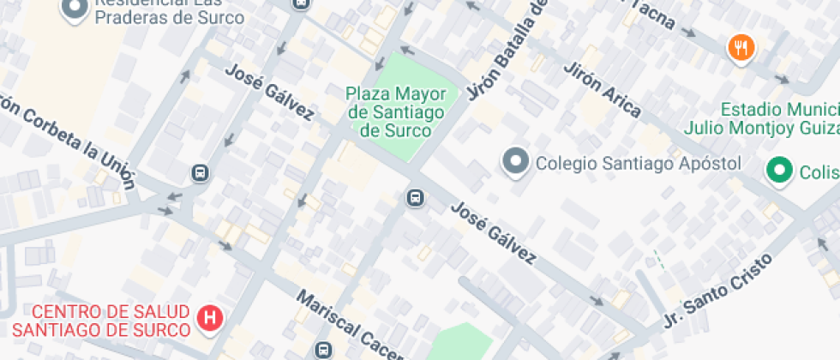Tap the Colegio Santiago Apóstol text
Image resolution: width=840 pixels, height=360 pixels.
pyautogui.click(x=637, y=162)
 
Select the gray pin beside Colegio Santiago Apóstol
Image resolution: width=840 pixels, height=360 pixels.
pyautogui.click(x=515, y=161)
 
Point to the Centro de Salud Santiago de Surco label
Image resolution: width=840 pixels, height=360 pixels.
pyautogui.click(x=101, y=320)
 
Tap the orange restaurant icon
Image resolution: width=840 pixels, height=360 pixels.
pyautogui.click(x=740, y=48)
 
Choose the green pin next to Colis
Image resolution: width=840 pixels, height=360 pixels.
pyautogui.click(x=779, y=171)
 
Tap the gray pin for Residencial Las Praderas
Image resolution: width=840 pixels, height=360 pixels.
pyautogui.click(x=75, y=8)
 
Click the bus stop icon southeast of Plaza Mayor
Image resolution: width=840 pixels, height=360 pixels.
pyautogui.click(x=415, y=199)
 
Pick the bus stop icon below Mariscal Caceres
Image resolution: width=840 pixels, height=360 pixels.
pyautogui.click(x=323, y=350)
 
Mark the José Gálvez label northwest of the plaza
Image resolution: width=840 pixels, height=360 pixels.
pyautogui.click(x=268, y=90)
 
